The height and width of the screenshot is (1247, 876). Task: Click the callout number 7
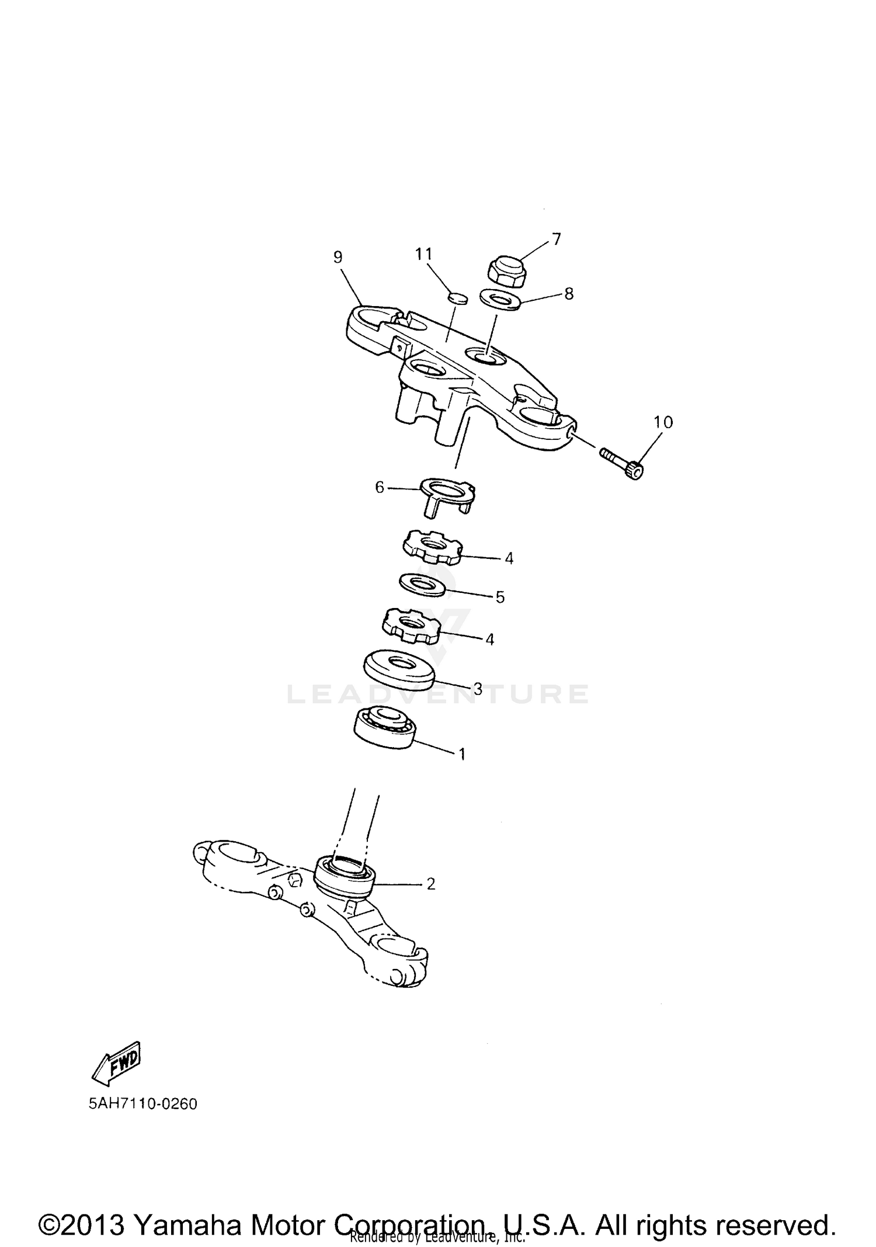click(x=556, y=239)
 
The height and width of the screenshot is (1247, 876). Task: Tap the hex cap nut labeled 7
click(x=505, y=272)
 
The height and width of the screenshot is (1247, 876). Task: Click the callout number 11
click(x=423, y=254)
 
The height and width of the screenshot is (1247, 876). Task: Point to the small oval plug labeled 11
click(x=457, y=298)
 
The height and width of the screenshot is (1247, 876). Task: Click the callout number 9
click(x=338, y=257)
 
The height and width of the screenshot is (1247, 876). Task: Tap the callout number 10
click(x=663, y=422)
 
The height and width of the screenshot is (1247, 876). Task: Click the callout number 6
click(x=380, y=487)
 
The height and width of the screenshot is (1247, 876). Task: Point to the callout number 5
click(x=500, y=597)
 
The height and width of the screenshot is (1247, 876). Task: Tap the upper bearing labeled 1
click(x=385, y=727)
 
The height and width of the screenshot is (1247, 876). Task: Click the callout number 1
click(x=462, y=754)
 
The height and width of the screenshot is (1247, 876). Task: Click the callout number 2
click(x=431, y=884)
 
